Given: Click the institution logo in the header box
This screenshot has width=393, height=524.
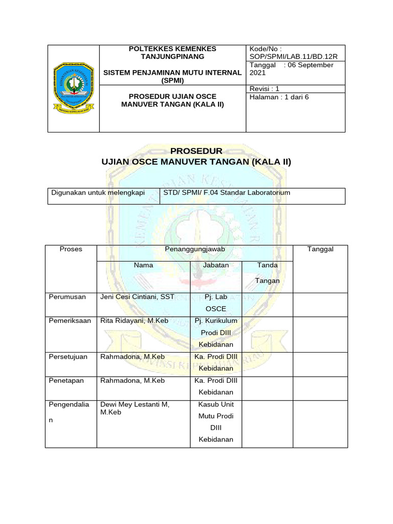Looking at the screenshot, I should tap(74, 89).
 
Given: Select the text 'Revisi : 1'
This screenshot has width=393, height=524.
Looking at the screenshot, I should tap(264, 89).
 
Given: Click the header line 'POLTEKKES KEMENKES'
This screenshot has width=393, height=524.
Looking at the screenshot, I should tap(172, 49).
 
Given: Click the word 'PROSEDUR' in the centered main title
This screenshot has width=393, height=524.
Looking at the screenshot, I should tap(196, 151).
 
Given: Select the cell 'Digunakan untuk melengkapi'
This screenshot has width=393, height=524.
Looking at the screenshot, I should tap(98, 192).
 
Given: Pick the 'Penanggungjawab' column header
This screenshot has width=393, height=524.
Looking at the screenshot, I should tap(195, 249).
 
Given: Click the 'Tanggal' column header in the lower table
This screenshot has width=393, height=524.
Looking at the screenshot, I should tap(320, 249).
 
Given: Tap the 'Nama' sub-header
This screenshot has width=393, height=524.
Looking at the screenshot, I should tap(143, 265).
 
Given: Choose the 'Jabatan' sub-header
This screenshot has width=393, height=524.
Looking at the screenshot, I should tap(215, 265).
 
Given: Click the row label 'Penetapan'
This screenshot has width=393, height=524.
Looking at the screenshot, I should tap(66, 381).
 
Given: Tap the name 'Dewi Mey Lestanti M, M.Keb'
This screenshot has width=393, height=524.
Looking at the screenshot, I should tap(135, 408).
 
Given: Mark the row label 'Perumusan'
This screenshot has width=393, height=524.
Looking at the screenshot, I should tap(68, 297).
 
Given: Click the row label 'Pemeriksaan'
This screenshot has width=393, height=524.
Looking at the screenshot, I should tap(70, 321).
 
